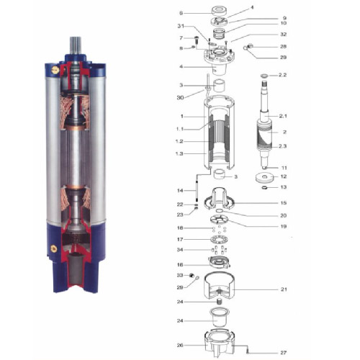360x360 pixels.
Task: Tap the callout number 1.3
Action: (180, 154)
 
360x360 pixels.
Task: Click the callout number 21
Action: (284, 289)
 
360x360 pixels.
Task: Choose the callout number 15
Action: (284, 203)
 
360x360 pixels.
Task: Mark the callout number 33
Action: (180, 275)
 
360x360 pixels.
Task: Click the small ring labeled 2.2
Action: (264, 75)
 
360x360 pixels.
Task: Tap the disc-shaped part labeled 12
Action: (264, 176)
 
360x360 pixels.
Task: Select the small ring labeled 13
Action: (264, 189)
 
